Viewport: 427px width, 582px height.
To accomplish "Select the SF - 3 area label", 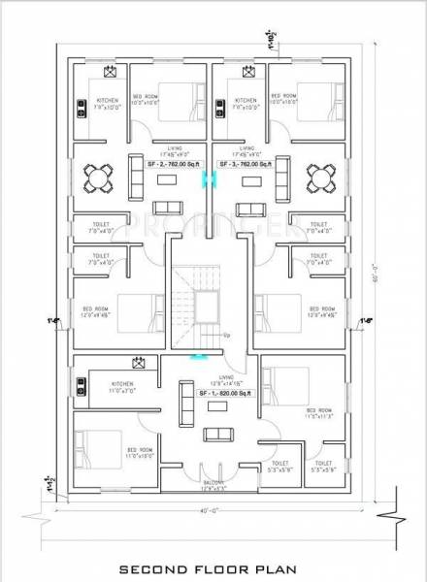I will [253, 165].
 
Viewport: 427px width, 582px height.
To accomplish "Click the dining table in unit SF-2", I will [94, 178].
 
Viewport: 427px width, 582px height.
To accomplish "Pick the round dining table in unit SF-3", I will [320, 178].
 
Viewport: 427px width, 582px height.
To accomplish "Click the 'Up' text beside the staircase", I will [227, 336].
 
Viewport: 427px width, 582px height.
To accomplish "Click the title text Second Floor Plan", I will [213, 570].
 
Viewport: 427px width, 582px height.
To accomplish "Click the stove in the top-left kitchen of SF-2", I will [81, 106].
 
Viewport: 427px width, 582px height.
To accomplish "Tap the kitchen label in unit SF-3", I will [246, 100].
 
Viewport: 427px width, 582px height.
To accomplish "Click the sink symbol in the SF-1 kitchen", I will [140, 365].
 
